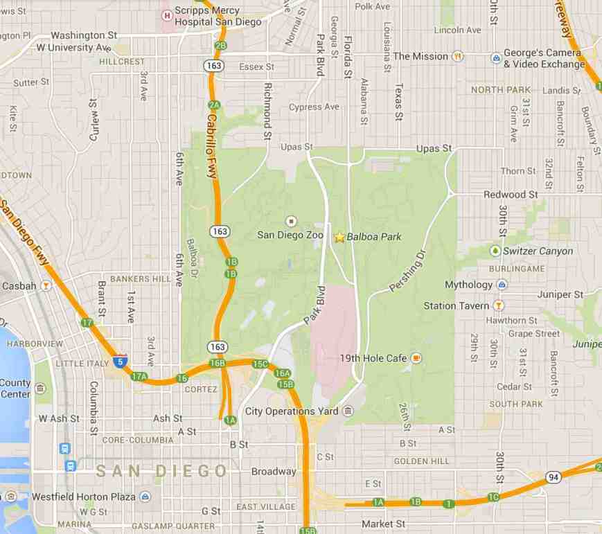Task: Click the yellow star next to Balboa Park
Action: (339, 237)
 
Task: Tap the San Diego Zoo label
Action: (290, 235)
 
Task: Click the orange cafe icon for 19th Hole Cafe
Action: (416, 358)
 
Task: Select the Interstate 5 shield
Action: (121, 361)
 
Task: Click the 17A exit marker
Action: (139, 377)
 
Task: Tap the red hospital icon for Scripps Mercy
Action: (166, 15)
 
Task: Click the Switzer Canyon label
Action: (538, 251)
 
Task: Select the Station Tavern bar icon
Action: (497, 305)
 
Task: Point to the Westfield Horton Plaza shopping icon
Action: (145, 497)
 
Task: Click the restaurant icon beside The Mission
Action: (457, 56)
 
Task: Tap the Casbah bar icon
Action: (46, 285)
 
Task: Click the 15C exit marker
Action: (260, 364)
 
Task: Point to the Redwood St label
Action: (510, 195)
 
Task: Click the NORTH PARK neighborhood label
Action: (500, 90)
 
